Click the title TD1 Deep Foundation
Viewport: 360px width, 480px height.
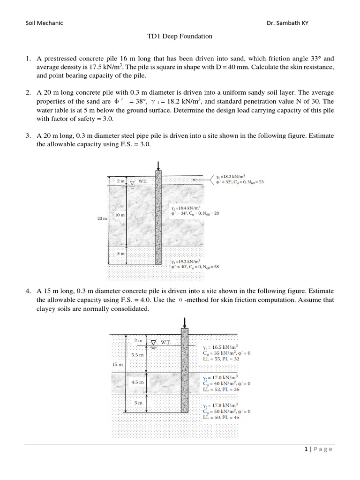[x=180, y=36]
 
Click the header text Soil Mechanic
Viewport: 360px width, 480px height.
[x=44, y=23]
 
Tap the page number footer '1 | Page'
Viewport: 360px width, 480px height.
[x=318, y=449]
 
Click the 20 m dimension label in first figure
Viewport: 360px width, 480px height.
[x=102, y=218]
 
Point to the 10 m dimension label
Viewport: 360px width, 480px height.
[x=120, y=215]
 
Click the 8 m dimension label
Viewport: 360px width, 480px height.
[x=120, y=254]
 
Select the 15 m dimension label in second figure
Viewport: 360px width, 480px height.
[x=118, y=364]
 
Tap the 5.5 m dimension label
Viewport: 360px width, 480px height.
[x=138, y=355]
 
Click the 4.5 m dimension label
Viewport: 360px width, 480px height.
[x=137, y=382]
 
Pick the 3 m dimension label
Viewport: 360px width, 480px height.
[x=138, y=403]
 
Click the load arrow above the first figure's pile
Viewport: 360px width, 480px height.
[x=158, y=165]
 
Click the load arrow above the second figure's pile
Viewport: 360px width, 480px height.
[x=184, y=322]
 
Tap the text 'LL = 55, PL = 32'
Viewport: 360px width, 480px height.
[x=221, y=359]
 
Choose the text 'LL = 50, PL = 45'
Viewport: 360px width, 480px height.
[x=221, y=417]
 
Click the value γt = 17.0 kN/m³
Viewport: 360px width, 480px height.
[x=220, y=377]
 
